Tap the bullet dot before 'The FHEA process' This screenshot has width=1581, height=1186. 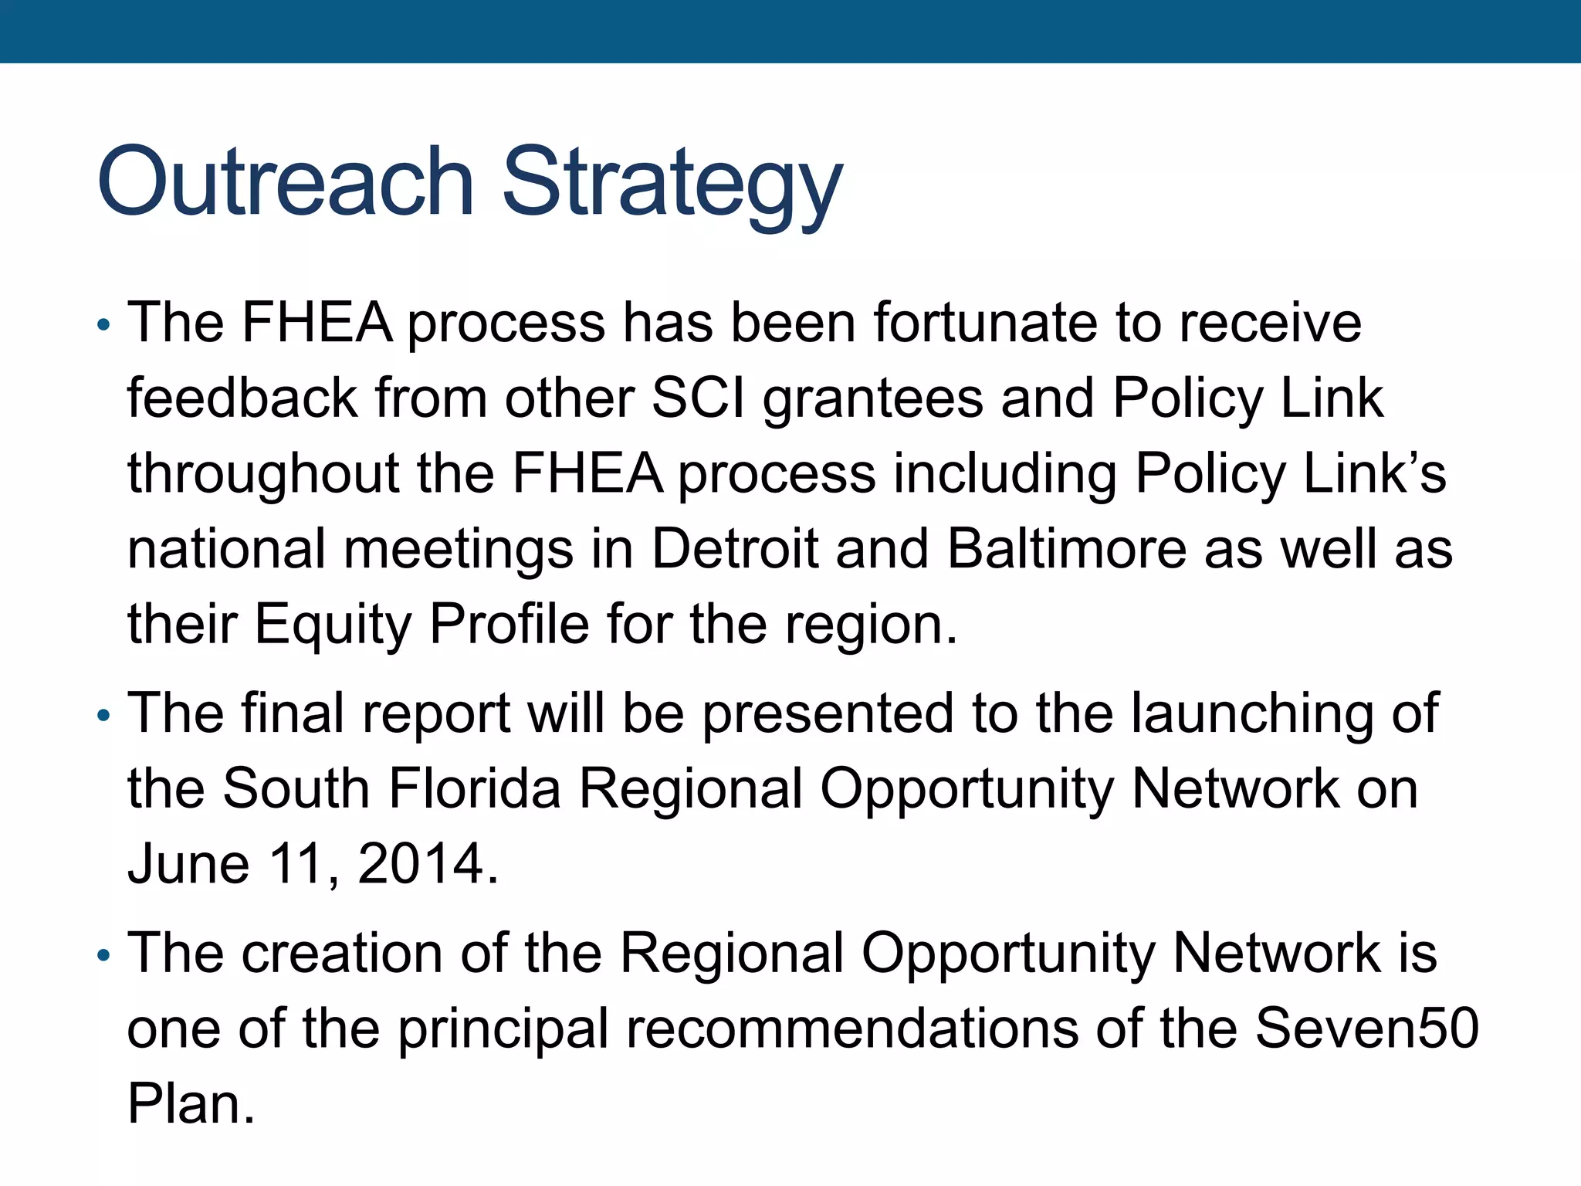[x=104, y=325]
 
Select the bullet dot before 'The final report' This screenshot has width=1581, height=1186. [x=104, y=716]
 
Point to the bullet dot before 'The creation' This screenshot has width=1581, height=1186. [x=104, y=957]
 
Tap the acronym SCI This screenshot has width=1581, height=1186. [x=698, y=398]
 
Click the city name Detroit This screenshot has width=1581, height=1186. [x=734, y=549]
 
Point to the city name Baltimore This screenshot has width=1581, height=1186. [x=1066, y=549]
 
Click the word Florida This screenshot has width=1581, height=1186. [x=475, y=788]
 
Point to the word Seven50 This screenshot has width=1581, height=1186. [x=1366, y=1028]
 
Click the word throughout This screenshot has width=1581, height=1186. [x=263, y=474]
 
